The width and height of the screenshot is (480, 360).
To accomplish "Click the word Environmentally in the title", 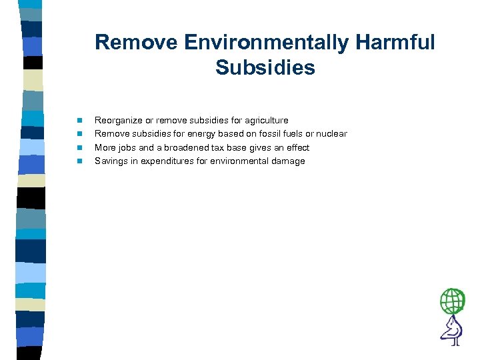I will click(x=265, y=43).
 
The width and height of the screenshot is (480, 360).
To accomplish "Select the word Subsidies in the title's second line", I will click(x=265, y=67).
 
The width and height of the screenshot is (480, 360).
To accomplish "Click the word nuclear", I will click(x=331, y=134).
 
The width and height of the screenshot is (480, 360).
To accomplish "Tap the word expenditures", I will click(x=167, y=161).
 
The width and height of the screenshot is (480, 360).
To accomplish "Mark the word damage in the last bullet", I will click(x=288, y=161).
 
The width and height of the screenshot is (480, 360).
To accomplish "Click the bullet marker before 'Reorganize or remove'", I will click(x=79, y=121).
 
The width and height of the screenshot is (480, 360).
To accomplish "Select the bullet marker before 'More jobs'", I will click(x=79, y=147).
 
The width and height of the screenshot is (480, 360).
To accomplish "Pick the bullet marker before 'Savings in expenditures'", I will click(x=79, y=161).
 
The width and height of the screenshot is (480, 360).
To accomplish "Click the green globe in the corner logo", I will click(x=453, y=301).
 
